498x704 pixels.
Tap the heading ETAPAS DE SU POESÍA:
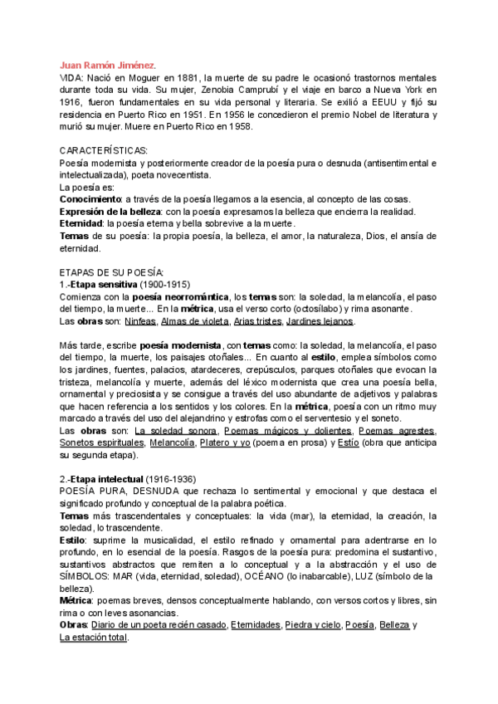tap(112, 272)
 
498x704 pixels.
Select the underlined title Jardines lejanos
tap(318, 321)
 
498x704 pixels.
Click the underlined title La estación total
tap(93, 638)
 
